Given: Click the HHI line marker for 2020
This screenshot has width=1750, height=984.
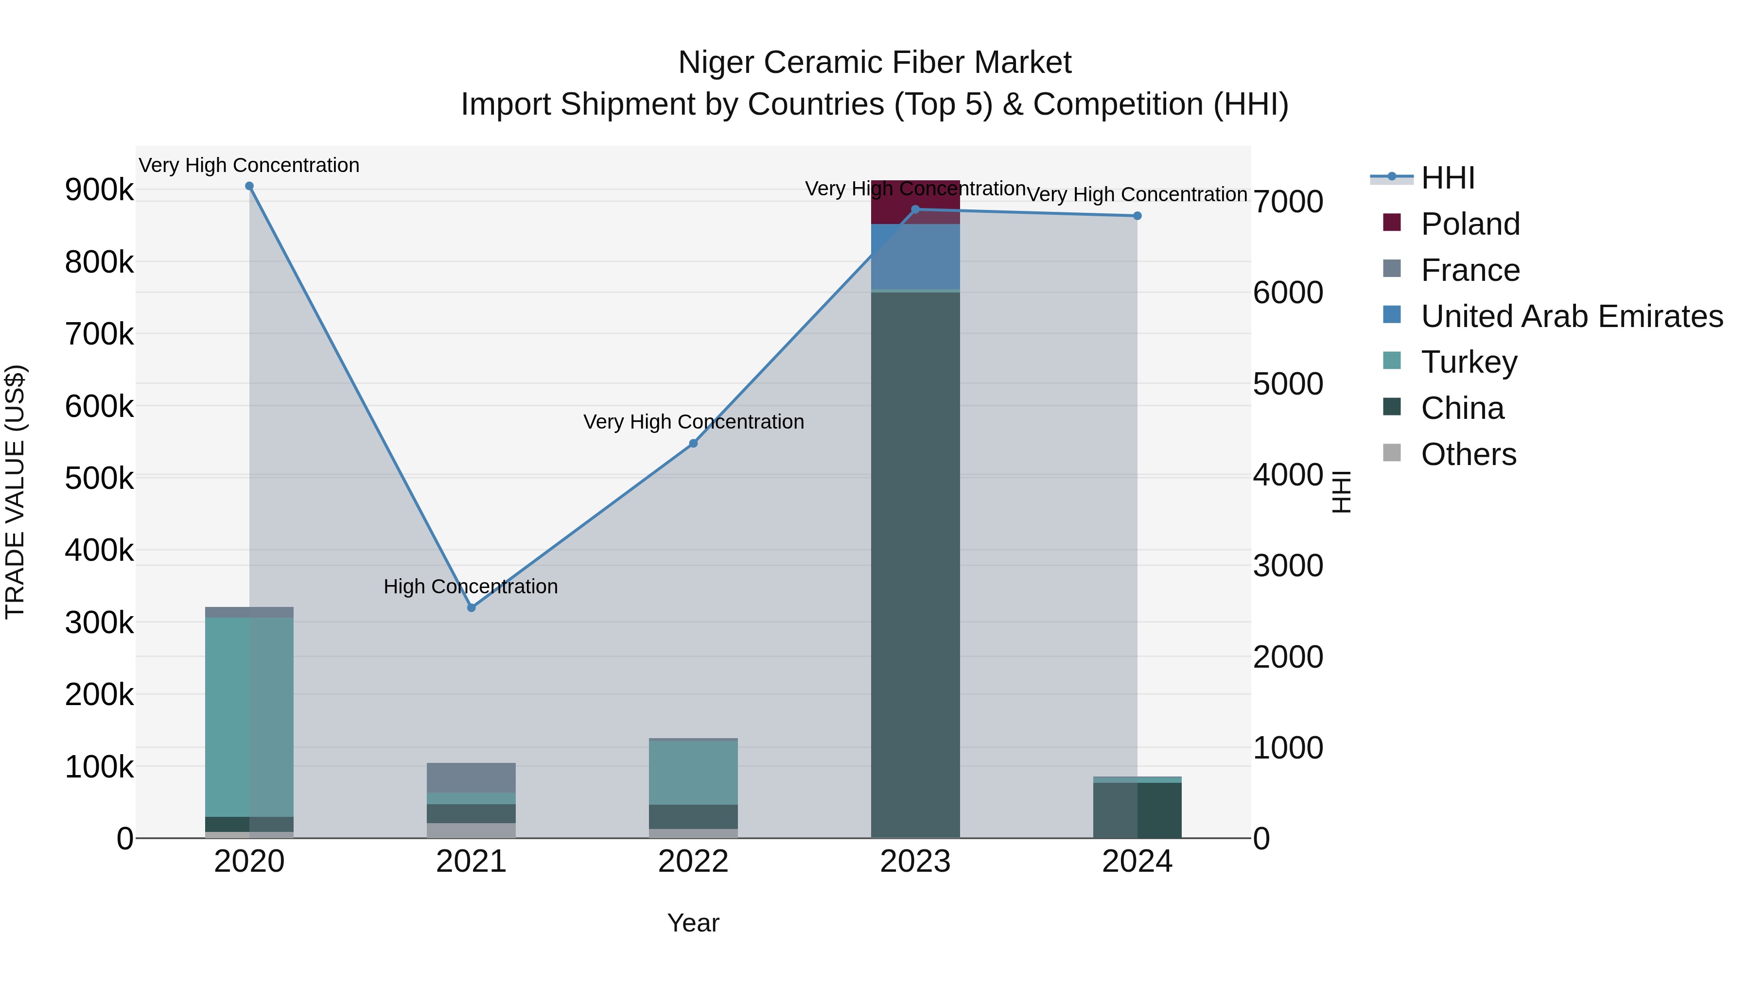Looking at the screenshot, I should tap(249, 186).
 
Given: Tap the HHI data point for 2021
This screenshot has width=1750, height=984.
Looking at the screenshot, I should tap(472, 608).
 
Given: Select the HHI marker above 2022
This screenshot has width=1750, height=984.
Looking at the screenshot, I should tap(694, 444).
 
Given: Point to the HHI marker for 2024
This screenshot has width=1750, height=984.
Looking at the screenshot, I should tap(1137, 216).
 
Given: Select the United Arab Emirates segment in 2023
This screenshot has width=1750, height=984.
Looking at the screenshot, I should tap(915, 257).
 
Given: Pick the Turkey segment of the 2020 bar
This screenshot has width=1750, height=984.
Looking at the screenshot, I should tap(249, 716).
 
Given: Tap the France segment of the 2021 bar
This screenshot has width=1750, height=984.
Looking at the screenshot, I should tap(472, 777).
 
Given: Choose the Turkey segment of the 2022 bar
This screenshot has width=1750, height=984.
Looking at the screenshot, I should tap(694, 772).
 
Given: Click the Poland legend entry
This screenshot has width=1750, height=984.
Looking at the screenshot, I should tap(1470, 224).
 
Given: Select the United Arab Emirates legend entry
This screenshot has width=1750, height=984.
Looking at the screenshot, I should tap(1571, 316).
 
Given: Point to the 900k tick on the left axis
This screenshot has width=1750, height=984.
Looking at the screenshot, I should tap(99, 190).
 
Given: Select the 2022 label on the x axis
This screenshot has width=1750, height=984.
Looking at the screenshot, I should tap(694, 862).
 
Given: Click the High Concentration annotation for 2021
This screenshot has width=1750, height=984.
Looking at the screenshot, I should tap(471, 586).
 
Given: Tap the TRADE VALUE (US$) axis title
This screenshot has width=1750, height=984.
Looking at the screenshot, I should tap(16, 492).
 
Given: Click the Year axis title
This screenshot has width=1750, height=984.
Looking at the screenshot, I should tap(693, 923).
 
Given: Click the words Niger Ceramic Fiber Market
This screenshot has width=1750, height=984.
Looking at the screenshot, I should tap(875, 63).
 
